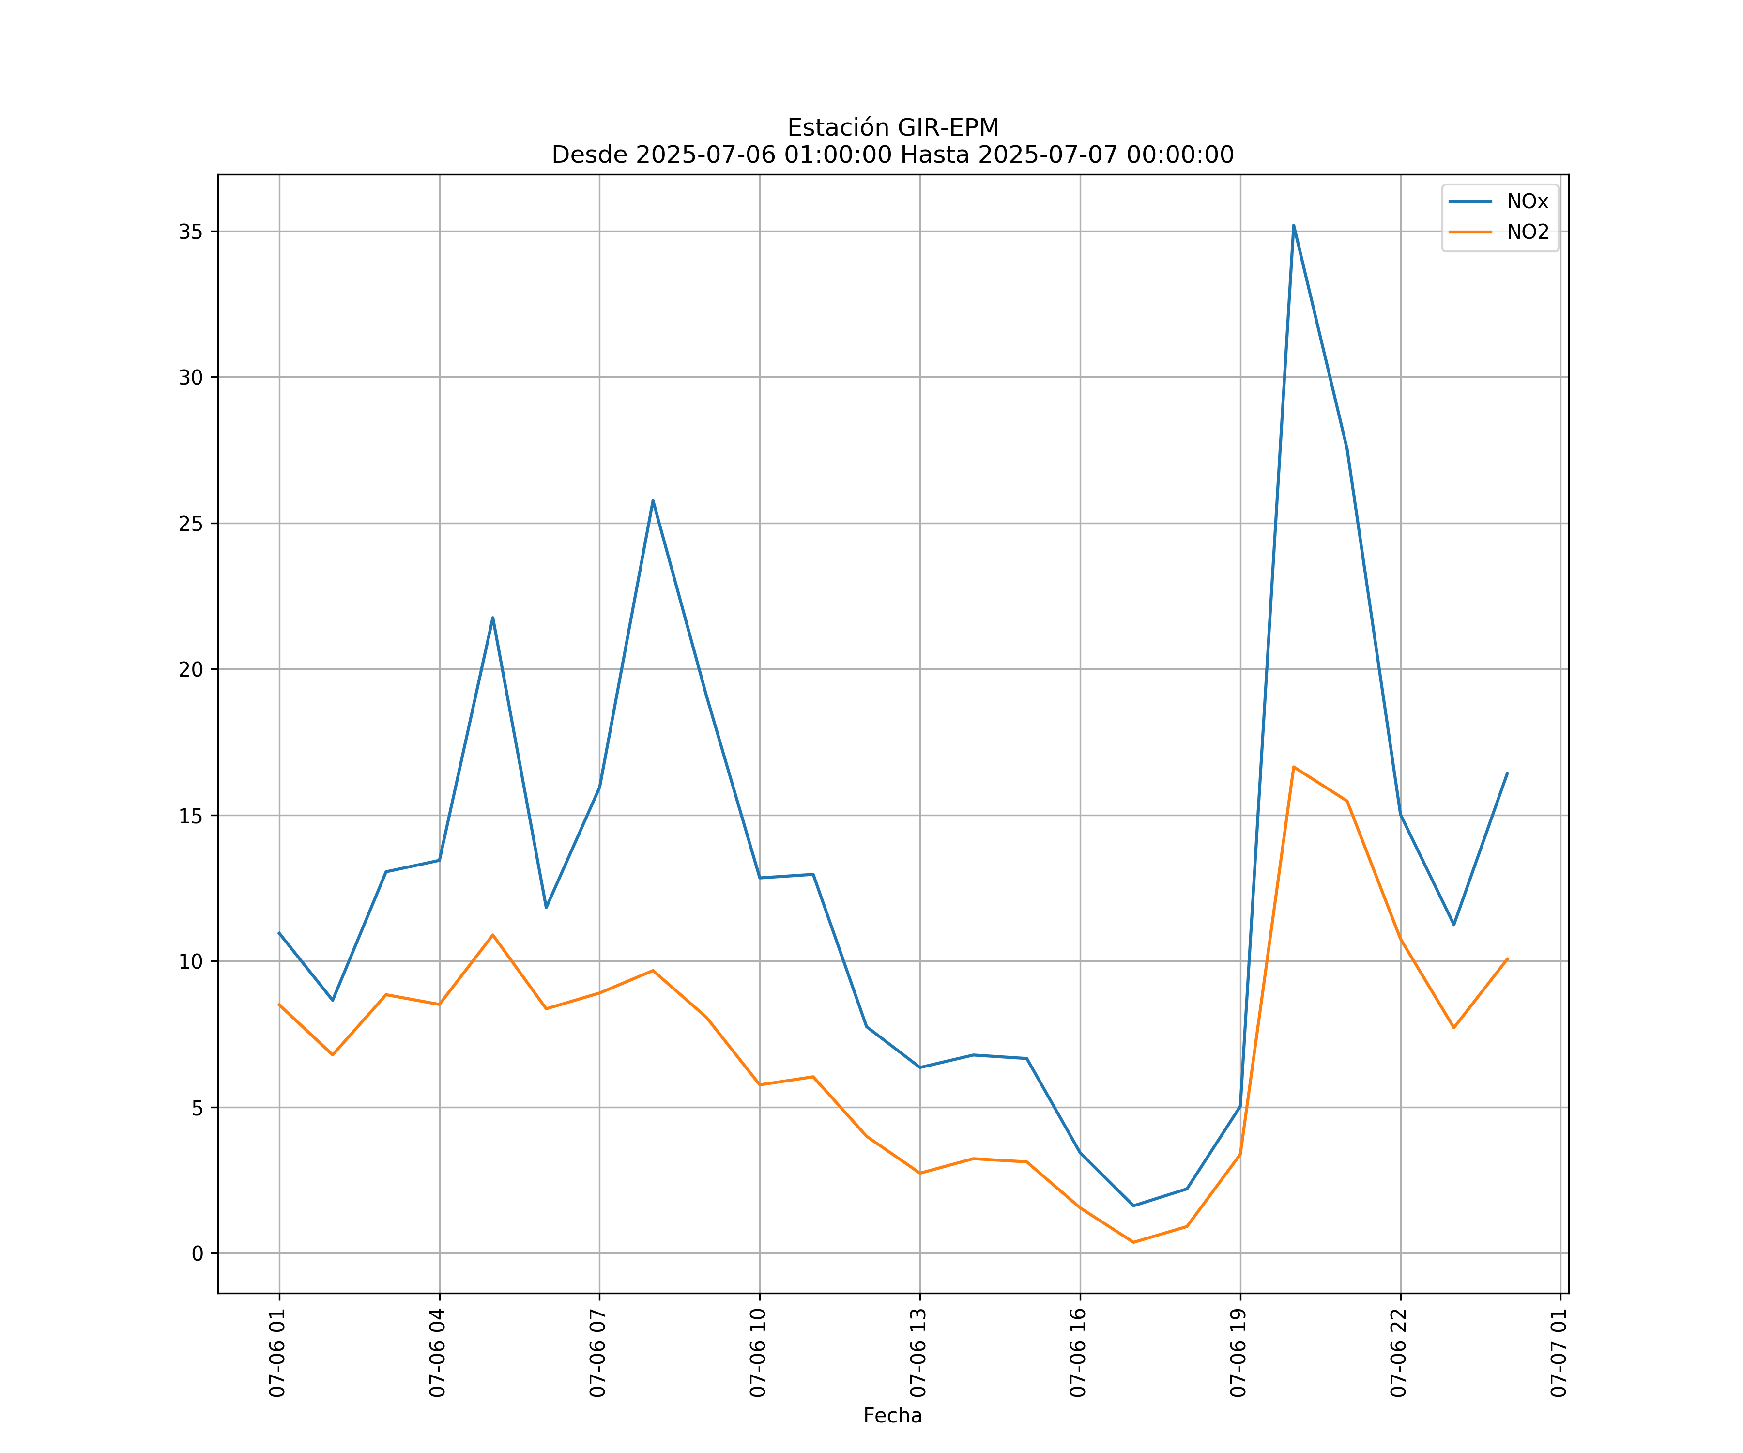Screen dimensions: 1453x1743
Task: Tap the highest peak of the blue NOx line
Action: (x=1293, y=225)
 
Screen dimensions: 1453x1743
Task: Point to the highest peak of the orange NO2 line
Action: (x=1293, y=767)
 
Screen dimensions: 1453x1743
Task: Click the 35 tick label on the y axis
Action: (x=190, y=232)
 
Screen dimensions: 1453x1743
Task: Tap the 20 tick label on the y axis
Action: (x=190, y=669)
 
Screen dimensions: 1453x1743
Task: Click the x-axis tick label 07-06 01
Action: (x=277, y=1353)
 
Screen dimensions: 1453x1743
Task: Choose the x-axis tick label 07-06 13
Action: (x=918, y=1353)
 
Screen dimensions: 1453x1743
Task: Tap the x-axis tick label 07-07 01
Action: (x=1559, y=1353)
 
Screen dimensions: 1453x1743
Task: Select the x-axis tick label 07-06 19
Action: (x=1238, y=1353)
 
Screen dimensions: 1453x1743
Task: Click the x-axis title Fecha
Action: (x=892, y=1416)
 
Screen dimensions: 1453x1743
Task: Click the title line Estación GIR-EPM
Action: (x=892, y=128)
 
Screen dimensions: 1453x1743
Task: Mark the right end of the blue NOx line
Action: (x=1507, y=772)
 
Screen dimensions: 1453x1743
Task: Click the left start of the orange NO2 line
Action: (x=279, y=1004)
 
